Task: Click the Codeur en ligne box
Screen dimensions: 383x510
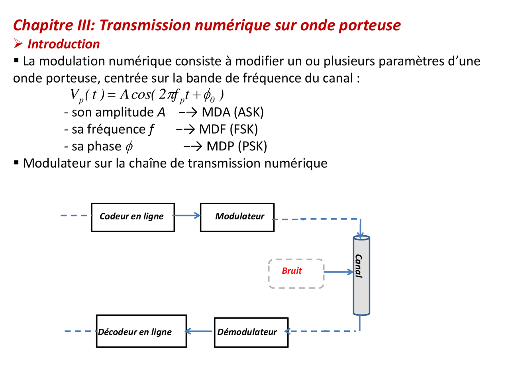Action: click(x=133, y=217)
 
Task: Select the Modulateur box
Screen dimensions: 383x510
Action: click(x=237, y=217)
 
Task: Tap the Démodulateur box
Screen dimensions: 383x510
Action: click(x=251, y=332)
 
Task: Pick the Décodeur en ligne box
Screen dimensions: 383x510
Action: click(x=141, y=331)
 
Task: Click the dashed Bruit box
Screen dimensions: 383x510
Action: click(x=296, y=273)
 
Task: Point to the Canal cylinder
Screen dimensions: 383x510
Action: click(x=361, y=275)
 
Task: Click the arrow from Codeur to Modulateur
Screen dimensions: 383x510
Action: click(x=187, y=216)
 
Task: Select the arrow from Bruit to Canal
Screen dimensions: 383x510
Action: click(x=339, y=272)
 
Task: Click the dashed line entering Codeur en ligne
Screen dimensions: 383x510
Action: click(x=76, y=216)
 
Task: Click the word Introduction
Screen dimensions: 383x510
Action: click(x=64, y=44)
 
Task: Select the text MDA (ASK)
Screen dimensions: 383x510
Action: click(x=233, y=112)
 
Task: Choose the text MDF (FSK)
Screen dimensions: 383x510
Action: click(x=228, y=129)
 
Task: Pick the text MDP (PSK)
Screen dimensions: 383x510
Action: click(x=237, y=146)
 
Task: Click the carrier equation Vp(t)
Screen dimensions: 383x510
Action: click(x=147, y=95)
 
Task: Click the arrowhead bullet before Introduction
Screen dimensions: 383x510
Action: click(x=18, y=43)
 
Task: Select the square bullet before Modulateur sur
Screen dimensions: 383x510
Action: click(x=16, y=162)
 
